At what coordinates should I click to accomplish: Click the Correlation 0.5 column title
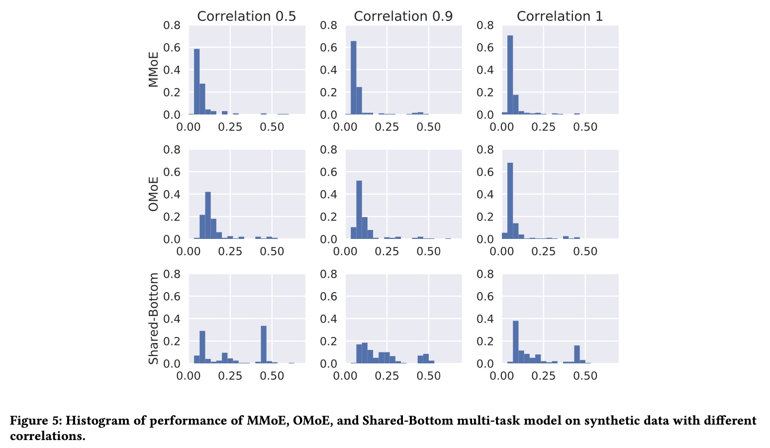[x=246, y=16]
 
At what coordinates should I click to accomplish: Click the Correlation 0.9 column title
[x=403, y=16]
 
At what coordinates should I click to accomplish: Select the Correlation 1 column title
[x=560, y=16]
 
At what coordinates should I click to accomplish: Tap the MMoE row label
[x=154, y=69]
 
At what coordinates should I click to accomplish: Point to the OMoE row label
[x=154, y=194]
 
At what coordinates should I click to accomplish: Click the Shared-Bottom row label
[x=154, y=319]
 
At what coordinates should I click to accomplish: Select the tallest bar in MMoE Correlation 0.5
[x=196, y=82]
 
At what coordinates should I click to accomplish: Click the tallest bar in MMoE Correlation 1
[x=510, y=75]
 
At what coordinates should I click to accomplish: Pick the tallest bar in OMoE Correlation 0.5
[x=208, y=215]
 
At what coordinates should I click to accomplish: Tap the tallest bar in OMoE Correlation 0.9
[x=359, y=210]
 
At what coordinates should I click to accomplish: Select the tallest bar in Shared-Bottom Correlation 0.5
[x=264, y=344]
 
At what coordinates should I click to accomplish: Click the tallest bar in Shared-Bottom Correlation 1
[x=515, y=342]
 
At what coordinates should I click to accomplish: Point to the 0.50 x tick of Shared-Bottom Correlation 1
[x=585, y=376]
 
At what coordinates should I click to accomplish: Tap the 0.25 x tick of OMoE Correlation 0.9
[x=387, y=252]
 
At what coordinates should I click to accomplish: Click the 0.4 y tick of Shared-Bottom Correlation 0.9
[x=329, y=319]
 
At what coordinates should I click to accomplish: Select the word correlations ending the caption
[x=47, y=437]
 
